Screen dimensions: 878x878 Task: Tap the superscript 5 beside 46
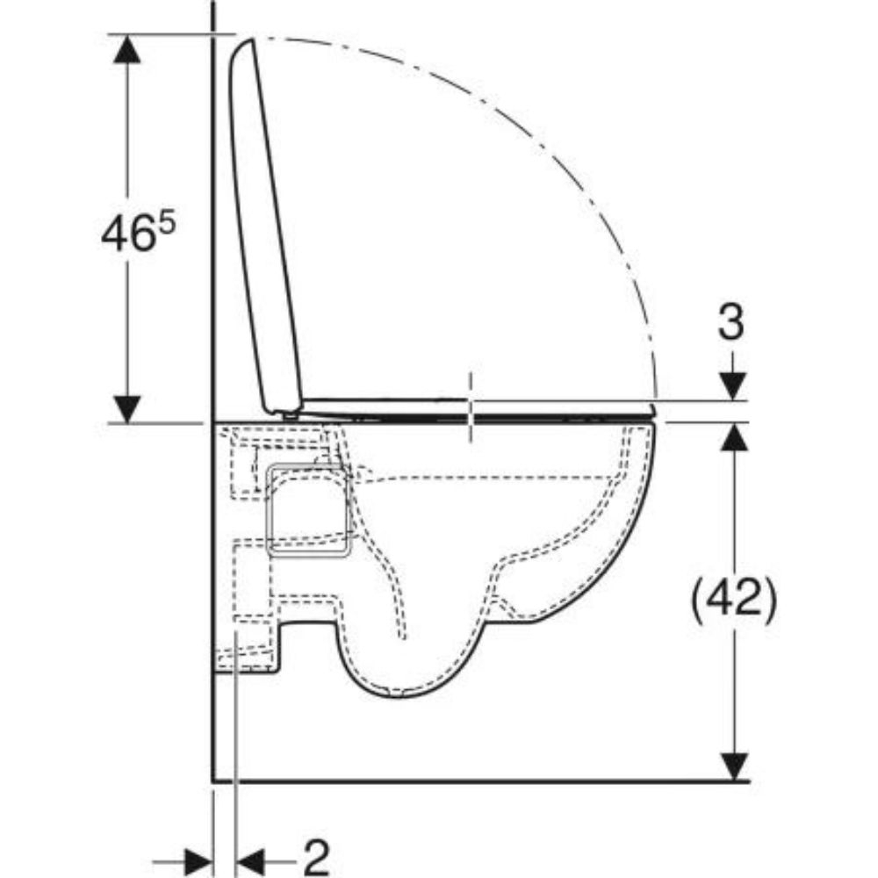(x=166, y=223)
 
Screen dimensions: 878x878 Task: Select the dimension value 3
(x=731, y=321)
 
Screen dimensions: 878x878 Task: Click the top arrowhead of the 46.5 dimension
(x=126, y=48)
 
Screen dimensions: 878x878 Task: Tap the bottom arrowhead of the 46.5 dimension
(x=126, y=409)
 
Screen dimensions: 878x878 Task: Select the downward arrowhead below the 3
(x=733, y=386)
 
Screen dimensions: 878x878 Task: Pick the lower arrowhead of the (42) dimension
(x=734, y=766)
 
